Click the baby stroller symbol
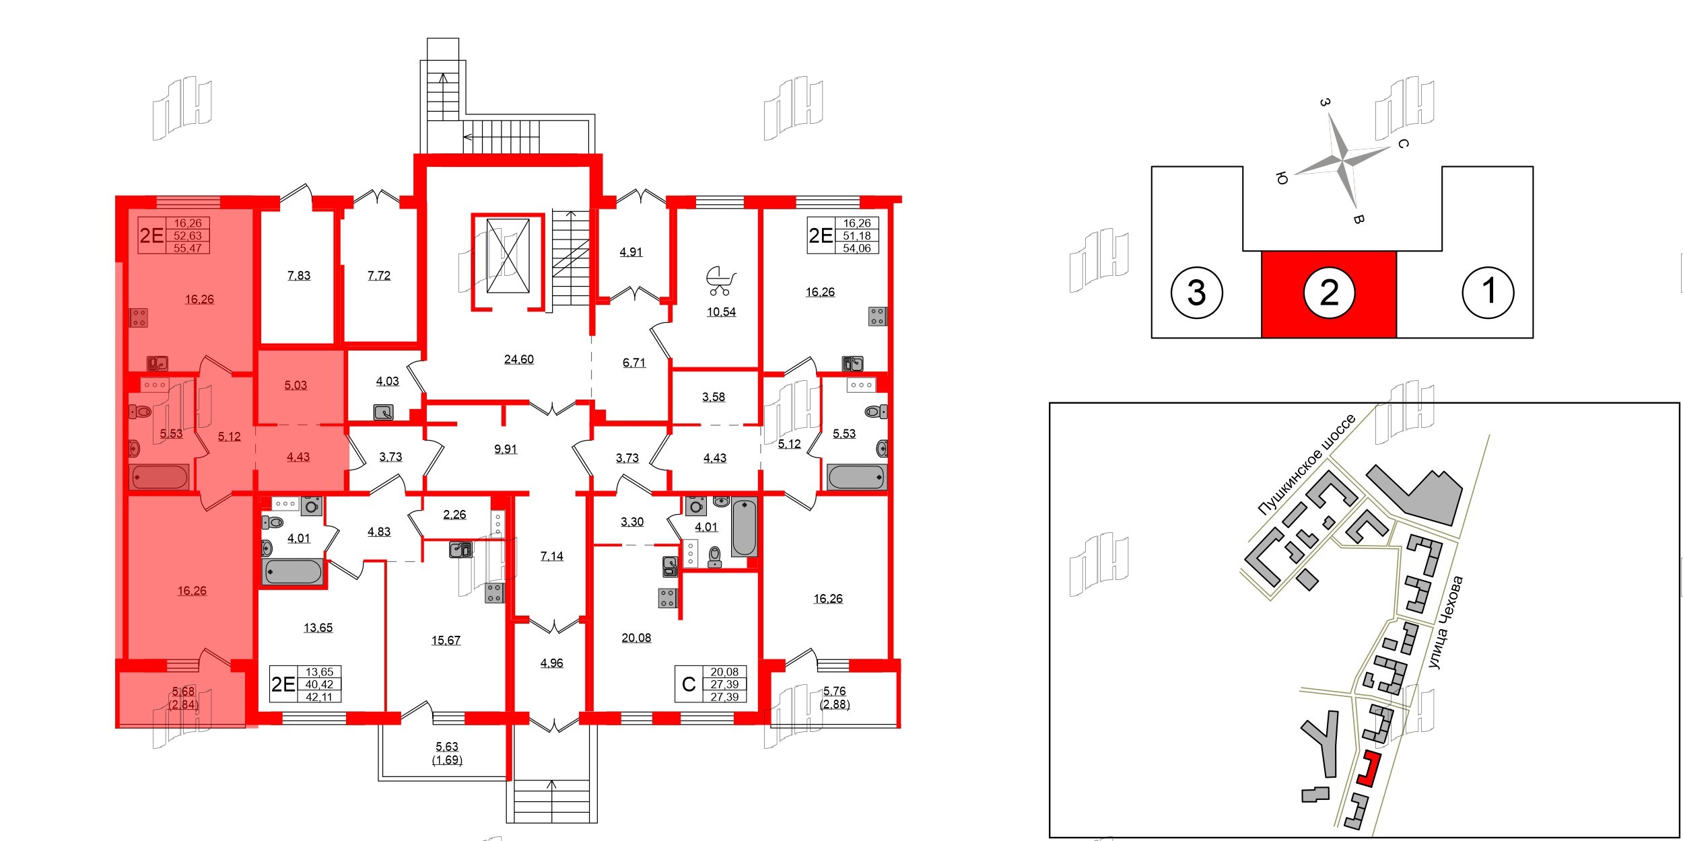pos(720,281)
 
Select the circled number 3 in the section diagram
pos(1196,293)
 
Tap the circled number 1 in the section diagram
pos(1488,291)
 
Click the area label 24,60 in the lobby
pos(518,359)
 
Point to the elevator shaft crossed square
pos(508,256)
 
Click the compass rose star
pos(1342,161)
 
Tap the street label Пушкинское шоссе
pos(1306,464)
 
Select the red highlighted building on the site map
pos(1369,768)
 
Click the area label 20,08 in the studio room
pos(636,638)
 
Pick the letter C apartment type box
pos(689,684)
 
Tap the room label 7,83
pos(298,275)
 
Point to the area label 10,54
pos(720,312)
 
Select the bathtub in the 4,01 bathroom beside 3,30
pos(744,527)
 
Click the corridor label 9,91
pos(505,449)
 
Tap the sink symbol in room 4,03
pos(384,412)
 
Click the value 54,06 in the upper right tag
pos(856,248)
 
